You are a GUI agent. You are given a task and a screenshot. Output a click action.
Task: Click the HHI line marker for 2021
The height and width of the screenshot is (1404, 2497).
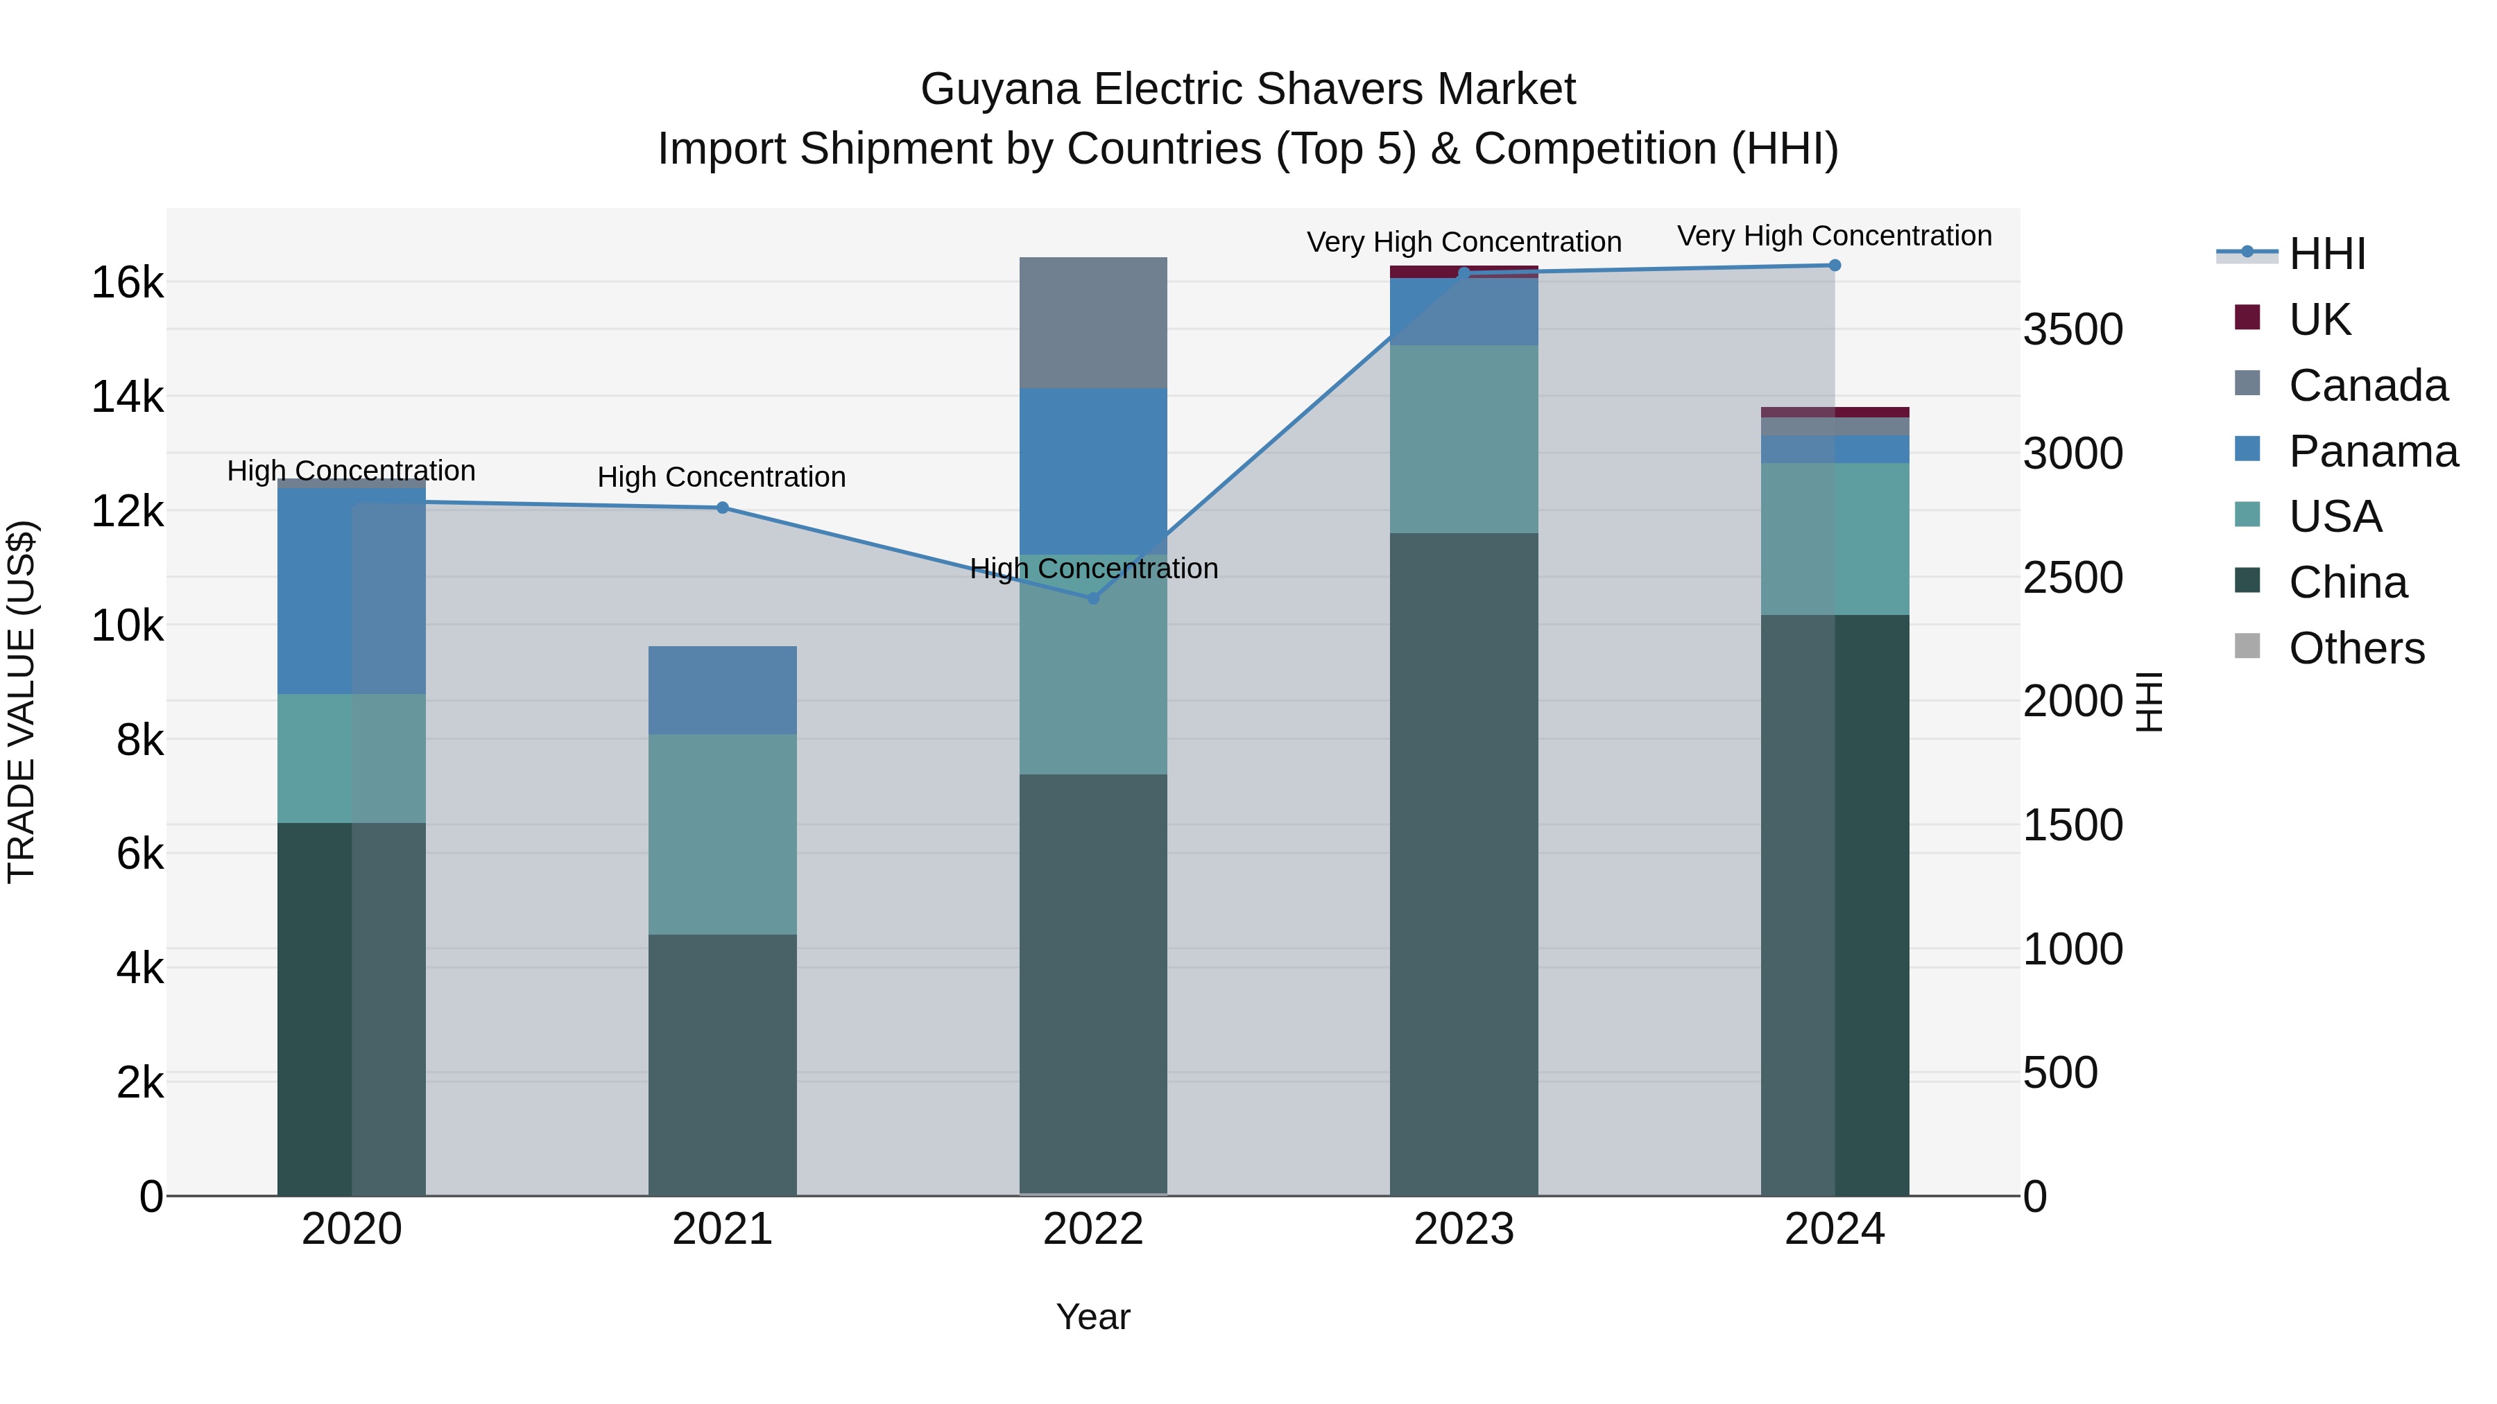click(722, 508)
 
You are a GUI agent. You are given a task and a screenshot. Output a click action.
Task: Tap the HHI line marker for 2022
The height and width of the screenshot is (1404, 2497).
click(1093, 598)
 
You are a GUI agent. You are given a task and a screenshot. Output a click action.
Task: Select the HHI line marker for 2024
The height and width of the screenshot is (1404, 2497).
click(1834, 266)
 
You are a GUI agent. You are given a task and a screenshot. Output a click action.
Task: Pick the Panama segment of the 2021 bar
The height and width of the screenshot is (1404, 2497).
click(722, 690)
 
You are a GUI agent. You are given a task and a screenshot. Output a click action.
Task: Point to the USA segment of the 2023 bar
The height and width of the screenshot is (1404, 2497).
click(1464, 439)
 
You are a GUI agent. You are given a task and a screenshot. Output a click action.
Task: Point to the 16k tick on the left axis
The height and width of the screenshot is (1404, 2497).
click(127, 283)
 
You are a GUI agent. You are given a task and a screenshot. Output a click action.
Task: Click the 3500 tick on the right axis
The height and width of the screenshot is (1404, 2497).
click(2073, 329)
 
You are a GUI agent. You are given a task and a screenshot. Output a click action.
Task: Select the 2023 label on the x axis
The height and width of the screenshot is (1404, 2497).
click(1464, 1229)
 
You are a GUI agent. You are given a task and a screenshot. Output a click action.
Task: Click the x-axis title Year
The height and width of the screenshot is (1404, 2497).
click(1093, 1317)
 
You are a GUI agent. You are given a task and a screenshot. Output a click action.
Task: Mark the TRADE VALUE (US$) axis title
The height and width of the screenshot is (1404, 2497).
click(22, 702)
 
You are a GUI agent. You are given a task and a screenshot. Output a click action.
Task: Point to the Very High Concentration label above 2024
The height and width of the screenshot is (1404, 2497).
click(1834, 236)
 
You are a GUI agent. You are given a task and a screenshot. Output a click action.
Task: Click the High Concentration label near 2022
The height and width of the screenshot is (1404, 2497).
click(1093, 568)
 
